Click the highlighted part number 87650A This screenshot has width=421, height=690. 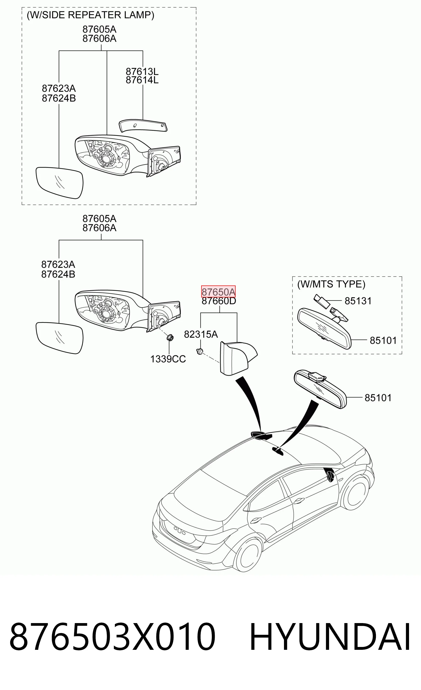[x=218, y=292]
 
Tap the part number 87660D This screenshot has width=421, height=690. [x=219, y=301]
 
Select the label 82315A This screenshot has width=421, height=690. [x=201, y=334]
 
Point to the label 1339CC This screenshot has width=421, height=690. [x=168, y=359]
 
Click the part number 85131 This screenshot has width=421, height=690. [x=358, y=301]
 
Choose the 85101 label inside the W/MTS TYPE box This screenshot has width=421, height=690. [x=383, y=340]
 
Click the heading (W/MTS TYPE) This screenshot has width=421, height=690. [x=331, y=284]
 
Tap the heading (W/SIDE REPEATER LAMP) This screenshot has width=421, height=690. [x=90, y=15]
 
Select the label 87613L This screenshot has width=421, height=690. [x=142, y=71]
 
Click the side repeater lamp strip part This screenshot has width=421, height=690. [x=143, y=126]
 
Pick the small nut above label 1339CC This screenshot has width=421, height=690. [x=170, y=337]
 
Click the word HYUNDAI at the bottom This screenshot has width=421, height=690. [x=330, y=637]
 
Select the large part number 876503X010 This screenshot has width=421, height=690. [x=112, y=637]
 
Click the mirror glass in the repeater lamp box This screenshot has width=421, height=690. [x=59, y=183]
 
